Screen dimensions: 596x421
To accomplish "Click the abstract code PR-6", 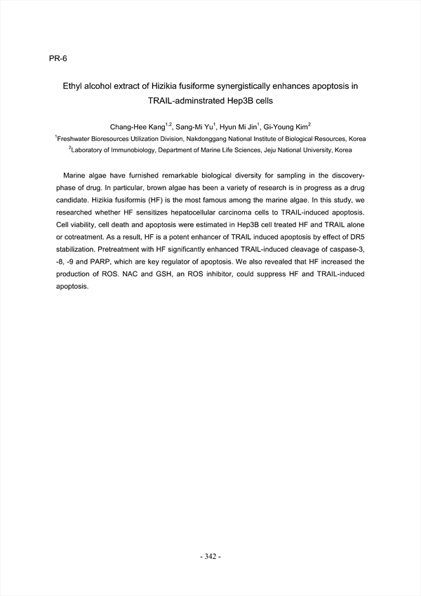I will (x=58, y=58).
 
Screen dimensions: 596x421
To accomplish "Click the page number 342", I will (x=210, y=556).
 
